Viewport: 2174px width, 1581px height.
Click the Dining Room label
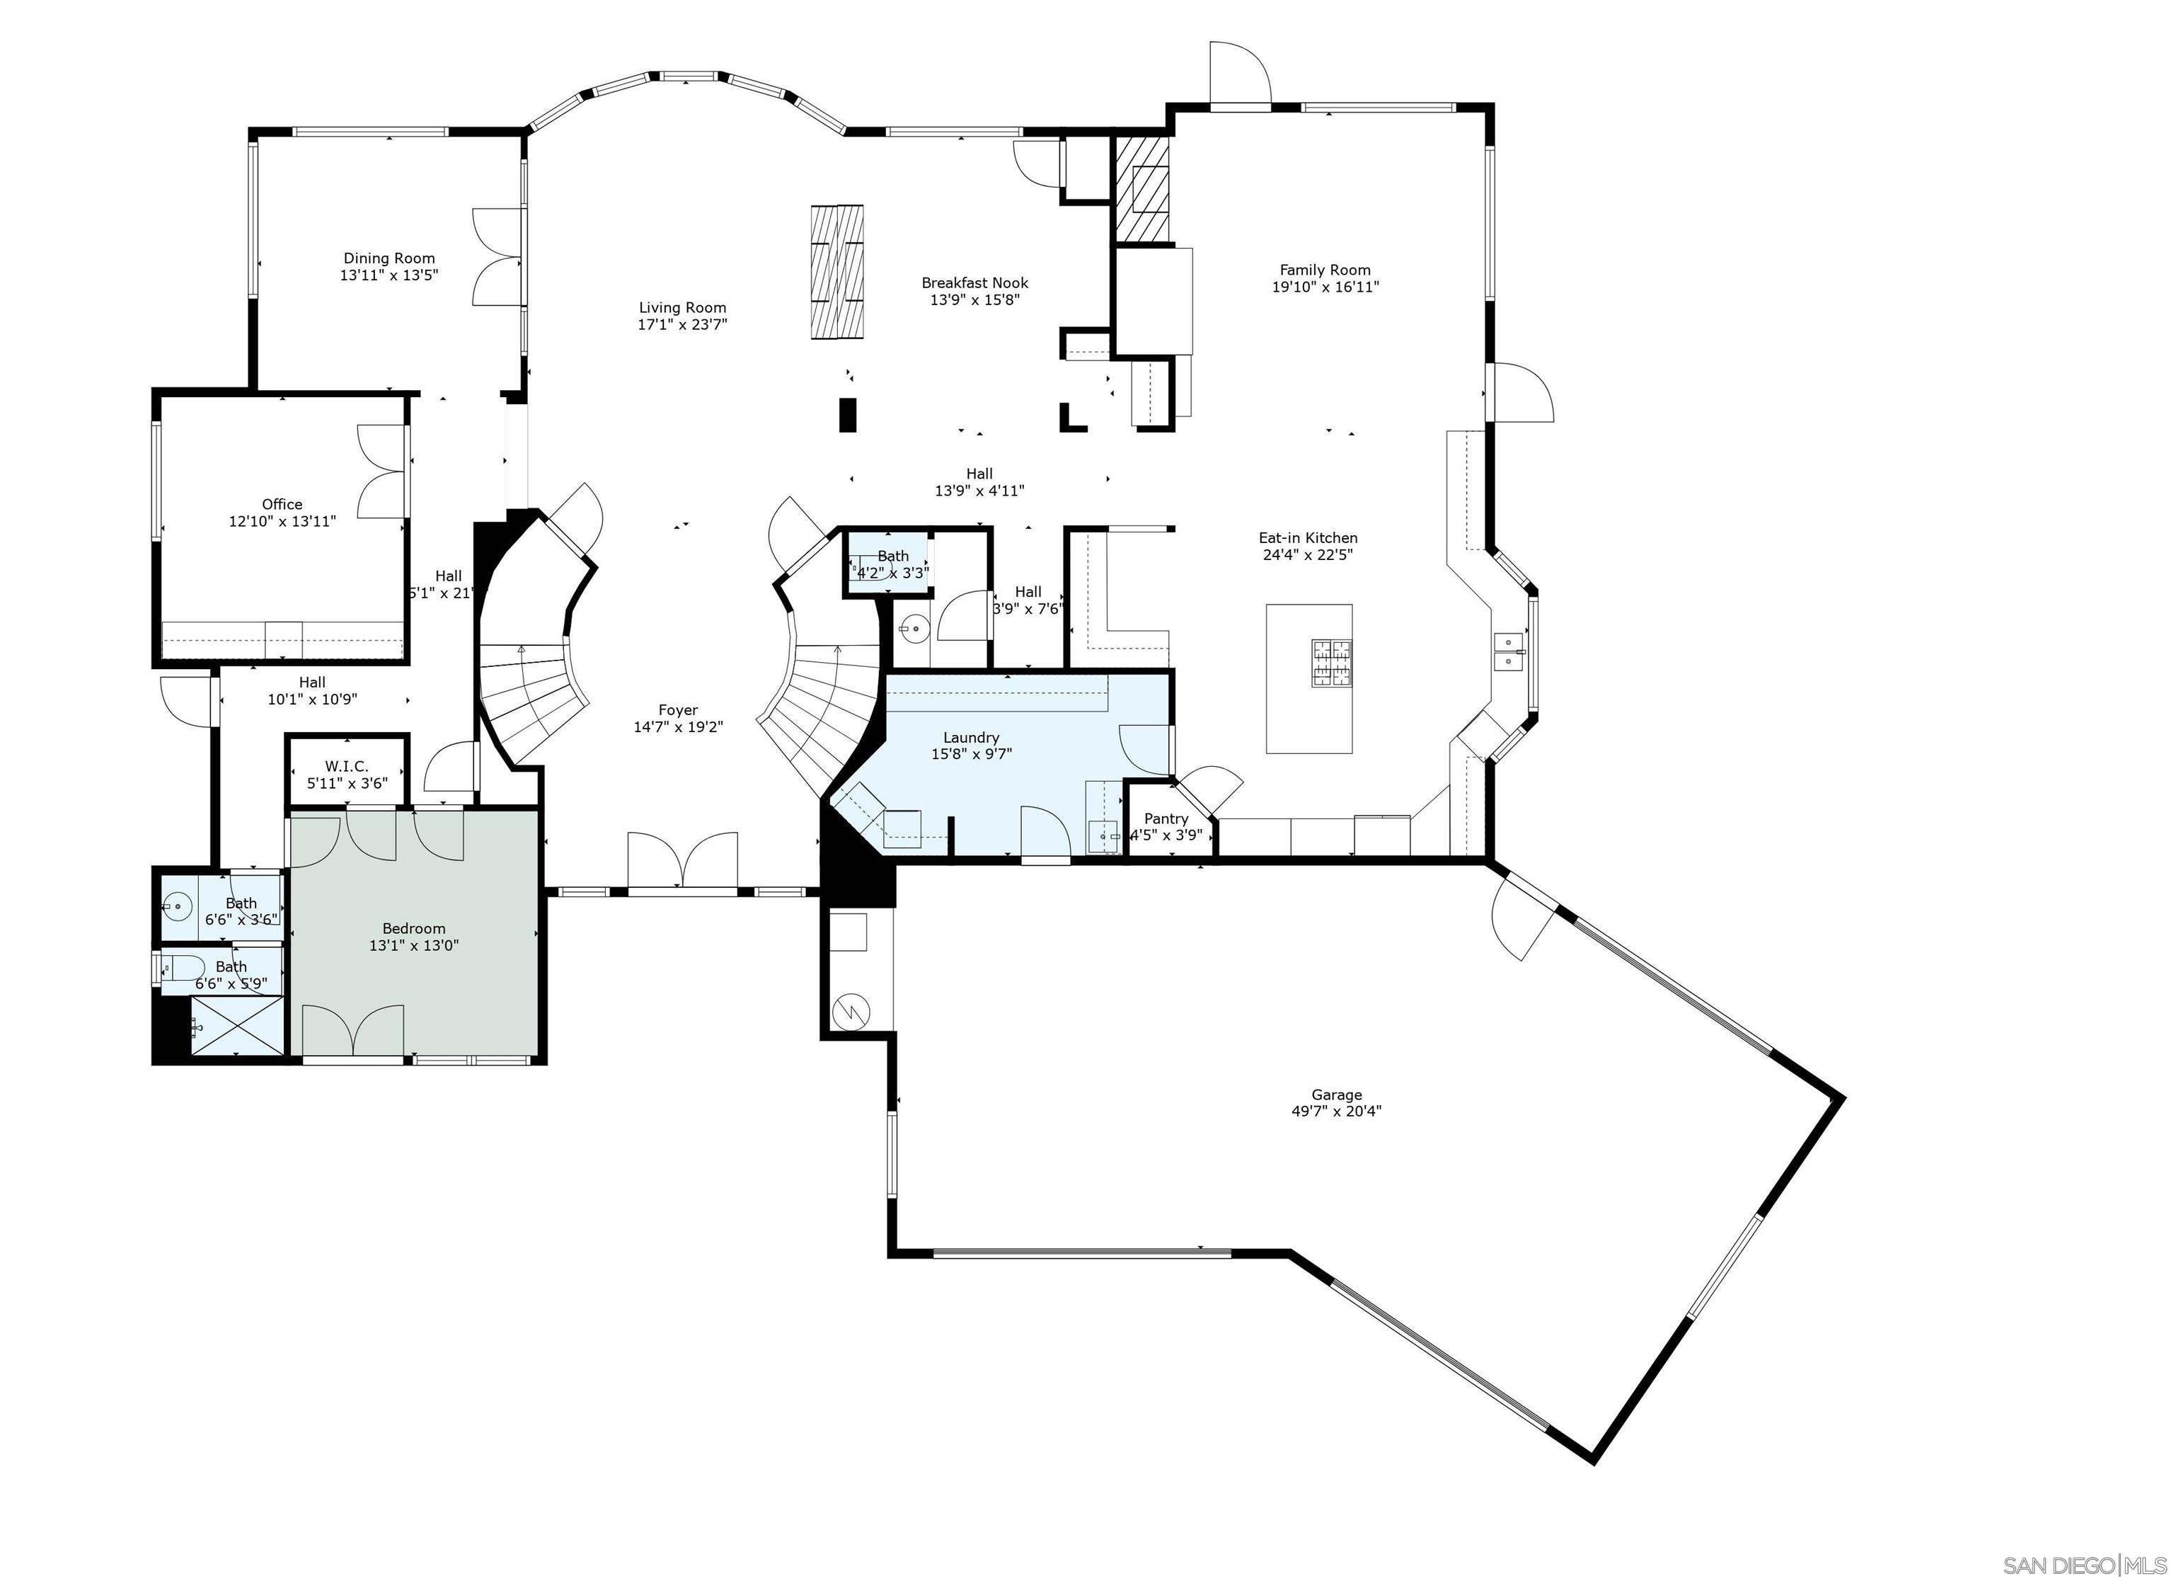point(389,258)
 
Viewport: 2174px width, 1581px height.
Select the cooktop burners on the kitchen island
point(1333,663)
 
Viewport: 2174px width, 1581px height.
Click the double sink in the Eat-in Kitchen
point(1509,651)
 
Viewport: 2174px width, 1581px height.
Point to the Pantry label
point(1166,818)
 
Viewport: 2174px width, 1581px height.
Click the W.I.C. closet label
point(346,766)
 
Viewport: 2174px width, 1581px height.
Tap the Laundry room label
point(971,737)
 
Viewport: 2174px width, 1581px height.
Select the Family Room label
point(1325,270)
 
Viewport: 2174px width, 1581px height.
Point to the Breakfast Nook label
point(975,282)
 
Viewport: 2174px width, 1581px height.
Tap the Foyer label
point(678,710)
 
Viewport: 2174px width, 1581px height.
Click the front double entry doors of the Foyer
point(682,860)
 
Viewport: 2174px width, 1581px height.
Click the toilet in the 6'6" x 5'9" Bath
point(182,967)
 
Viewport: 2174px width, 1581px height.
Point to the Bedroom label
point(413,928)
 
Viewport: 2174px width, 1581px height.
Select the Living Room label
point(682,308)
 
